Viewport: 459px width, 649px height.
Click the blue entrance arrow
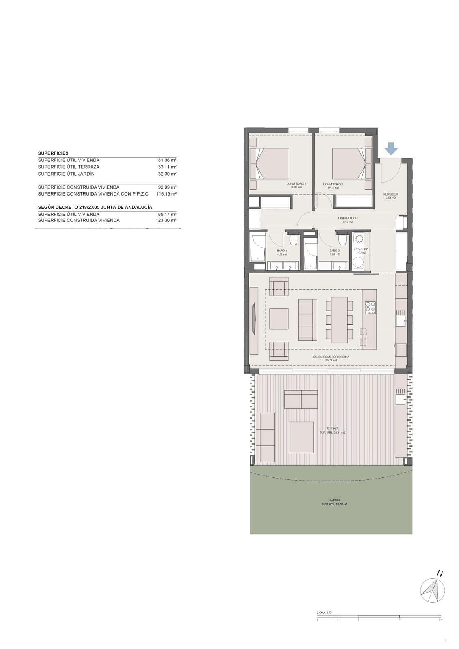(x=391, y=148)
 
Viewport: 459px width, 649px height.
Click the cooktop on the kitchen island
(x=370, y=307)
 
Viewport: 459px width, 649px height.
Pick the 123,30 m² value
(x=167, y=220)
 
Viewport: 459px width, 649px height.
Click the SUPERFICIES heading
(x=53, y=153)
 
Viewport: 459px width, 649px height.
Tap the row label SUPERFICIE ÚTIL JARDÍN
(x=66, y=174)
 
